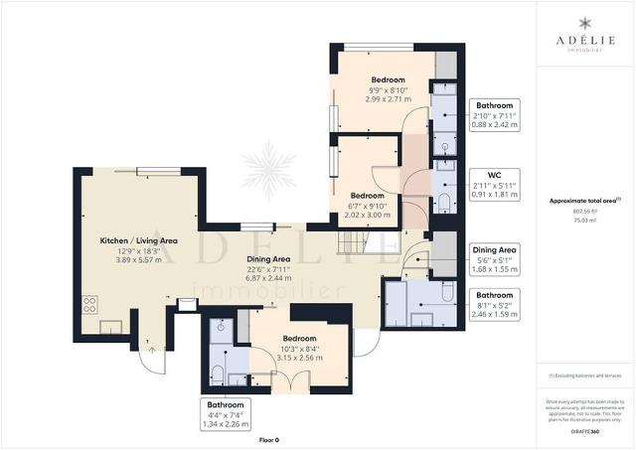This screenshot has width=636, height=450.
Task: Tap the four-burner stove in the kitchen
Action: pyautogui.click(x=89, y=304)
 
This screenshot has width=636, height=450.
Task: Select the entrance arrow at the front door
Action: pyautogui.click(x=151, y=350)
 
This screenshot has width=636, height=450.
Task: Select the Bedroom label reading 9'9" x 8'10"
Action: pyautogui.click(x=388, y=89)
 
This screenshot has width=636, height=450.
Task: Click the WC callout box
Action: pyautogui.click(x=494, y=184)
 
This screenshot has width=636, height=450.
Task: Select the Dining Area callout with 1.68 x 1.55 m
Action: pyautogui.click(x=494, y=258)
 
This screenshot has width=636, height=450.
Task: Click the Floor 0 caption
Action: pyautogui.click(x=269, y=438)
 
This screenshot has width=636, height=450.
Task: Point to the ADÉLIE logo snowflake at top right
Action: pyautogui.click(x=585, y=23)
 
